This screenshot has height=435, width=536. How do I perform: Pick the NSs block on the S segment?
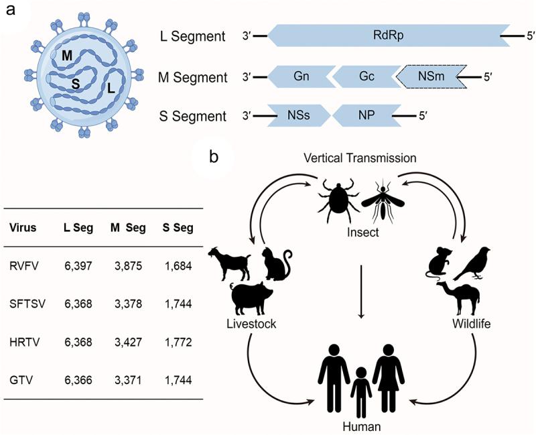(299, 116)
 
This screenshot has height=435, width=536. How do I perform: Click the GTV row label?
(21, 379)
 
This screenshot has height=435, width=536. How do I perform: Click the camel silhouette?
(457, 298)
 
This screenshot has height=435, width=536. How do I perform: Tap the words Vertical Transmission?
(361, 158)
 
